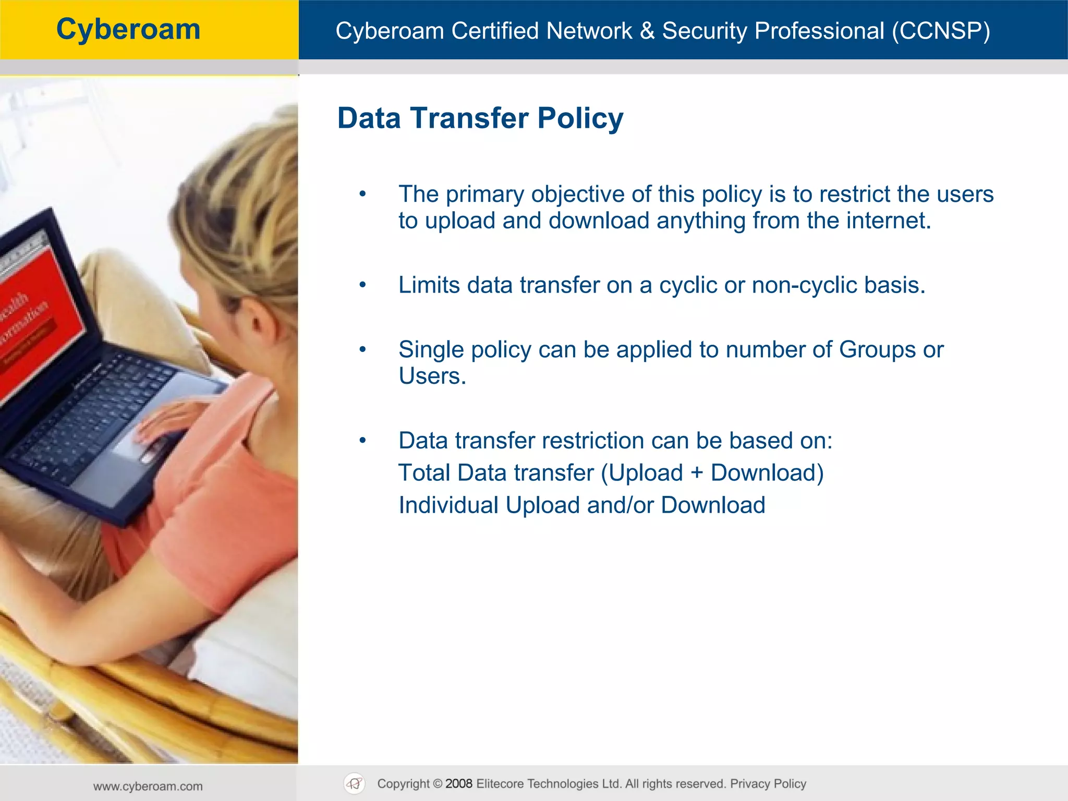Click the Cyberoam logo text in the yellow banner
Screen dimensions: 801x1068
[x=128, y=30]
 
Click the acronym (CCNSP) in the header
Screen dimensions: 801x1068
[x=941, y=31]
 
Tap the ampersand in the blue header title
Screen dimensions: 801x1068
[x=647, y=31]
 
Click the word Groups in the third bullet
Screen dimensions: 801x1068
[x=877, y=350]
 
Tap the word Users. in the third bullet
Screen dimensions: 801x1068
[x=432, y=376]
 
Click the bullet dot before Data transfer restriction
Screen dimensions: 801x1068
[x=363, y=441]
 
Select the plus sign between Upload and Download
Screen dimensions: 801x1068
[x=697, y=473]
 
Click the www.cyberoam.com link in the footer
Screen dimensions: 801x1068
[x=148, y=786]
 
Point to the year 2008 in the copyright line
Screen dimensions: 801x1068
[x=458, y=784]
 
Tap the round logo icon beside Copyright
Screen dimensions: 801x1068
[x=355, y=784]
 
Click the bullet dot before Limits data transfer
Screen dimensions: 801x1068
[x=363, y=286]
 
